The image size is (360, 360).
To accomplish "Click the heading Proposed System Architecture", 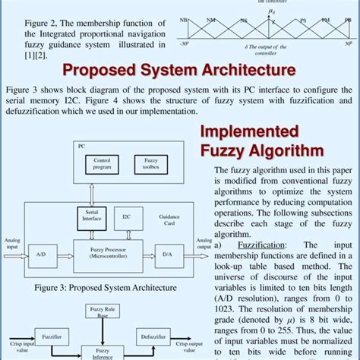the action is point(179,71).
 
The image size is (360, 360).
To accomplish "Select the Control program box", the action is point(103,164).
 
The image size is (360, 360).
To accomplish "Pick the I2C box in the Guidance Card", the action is point(127,218).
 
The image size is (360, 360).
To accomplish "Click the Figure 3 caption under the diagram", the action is point(105,288).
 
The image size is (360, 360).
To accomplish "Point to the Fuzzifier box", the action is point(52,336).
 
